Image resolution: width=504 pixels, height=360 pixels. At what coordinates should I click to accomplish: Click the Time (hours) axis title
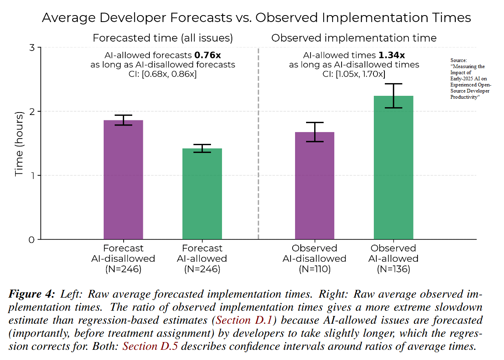pos(19,143)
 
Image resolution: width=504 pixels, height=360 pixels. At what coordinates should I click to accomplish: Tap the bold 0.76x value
pos(208,55)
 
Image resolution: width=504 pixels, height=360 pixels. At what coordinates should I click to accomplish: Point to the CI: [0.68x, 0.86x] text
pos(162,74)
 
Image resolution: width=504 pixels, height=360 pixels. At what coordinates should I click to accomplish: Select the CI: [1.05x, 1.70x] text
pos(354,74)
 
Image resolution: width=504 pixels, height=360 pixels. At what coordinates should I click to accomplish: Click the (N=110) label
pos(314,269)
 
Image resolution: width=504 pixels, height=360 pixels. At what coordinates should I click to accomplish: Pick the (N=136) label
pos(393,269)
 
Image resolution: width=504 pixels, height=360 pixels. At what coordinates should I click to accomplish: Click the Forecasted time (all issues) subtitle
pos(162,38)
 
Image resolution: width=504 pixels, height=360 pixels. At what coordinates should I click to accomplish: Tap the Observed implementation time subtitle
pos(354,38)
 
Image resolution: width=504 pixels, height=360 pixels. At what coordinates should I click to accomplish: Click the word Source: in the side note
pos(459,60)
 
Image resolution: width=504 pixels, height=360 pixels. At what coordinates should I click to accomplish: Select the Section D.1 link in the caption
pos(246,320)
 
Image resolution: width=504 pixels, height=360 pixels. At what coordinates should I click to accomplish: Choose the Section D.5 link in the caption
pos(150,347)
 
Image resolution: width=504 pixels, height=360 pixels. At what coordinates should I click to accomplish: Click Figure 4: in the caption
pos(31,294)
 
